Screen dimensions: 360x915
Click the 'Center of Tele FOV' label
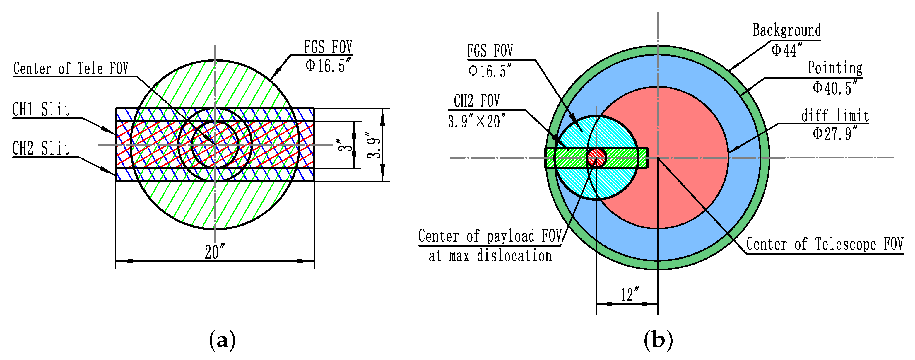pyautogui.click(x=71, y=69)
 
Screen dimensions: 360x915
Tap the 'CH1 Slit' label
pyautogui.click(x=41, y=110)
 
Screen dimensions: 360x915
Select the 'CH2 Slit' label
pyautogui.click(x=41, y=149)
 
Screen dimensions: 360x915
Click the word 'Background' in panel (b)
pyautogui.click(x=787, y=30)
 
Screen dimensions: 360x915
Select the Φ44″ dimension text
pyautogui.click(x=786, y=50)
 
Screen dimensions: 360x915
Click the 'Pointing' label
pyautogui.click(x=835, y=68)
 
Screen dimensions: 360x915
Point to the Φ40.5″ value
pyautogui.click(x=835, y=88)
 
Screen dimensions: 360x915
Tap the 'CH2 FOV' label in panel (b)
pyautogui.click(x=477, y=101)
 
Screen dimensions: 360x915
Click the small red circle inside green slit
pyautogui.click(x=596, y=157)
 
